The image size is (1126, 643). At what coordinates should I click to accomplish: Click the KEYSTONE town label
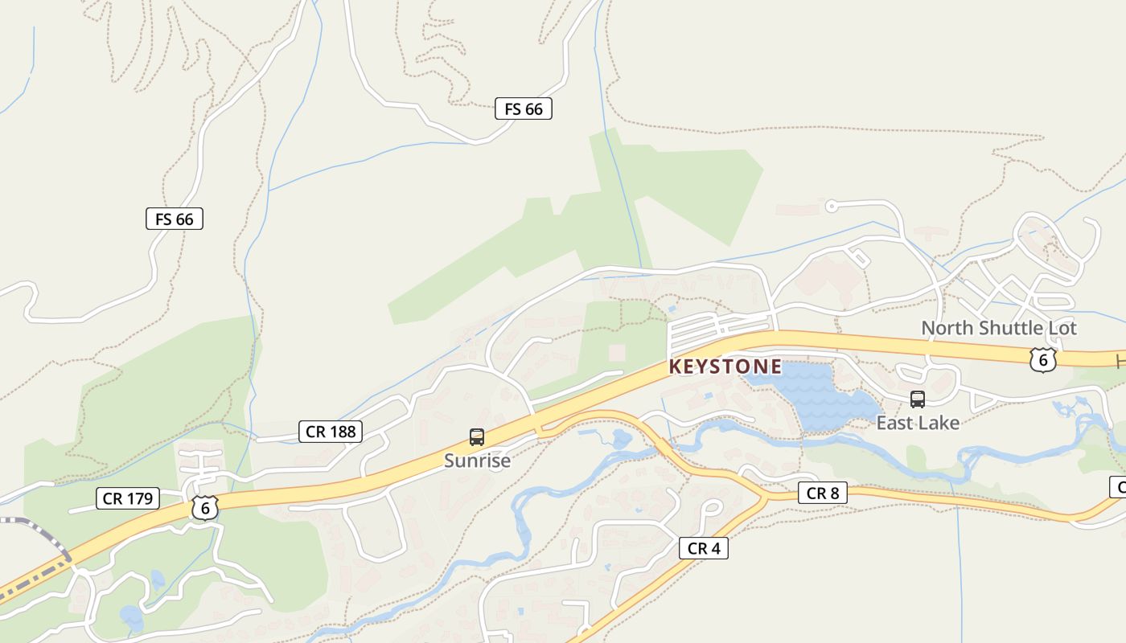(x=725, y=367)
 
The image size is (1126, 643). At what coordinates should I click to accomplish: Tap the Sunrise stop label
(x=477, y=461)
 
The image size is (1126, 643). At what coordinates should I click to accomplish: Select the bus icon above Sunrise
(x=477, y=437)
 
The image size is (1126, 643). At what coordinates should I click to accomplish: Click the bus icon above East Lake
(x=917, y=399)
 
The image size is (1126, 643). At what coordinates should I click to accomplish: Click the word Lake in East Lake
(x=939, y=423)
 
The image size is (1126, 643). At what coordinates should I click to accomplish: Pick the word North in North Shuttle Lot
(x=947, y=328)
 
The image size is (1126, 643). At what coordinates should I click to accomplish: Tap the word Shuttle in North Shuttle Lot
(x=1008, y=328)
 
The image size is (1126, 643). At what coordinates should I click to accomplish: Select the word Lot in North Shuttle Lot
(x=1061, y=328)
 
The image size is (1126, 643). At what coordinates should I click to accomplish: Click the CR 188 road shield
(x=331, y=432)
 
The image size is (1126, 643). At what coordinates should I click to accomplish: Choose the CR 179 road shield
(x=128, y=498)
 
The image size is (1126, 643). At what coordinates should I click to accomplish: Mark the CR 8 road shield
(x=823, y=494)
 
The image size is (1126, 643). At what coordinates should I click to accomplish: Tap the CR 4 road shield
(x=704, y=548)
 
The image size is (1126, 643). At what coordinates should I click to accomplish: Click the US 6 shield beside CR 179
(x=205, y=508)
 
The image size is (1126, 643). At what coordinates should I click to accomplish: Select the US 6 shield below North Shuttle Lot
(x=1042, y=360)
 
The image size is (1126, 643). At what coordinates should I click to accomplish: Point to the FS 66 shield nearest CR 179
(x=175, y=219)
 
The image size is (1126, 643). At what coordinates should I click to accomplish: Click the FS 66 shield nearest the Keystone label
(x=524, y=109)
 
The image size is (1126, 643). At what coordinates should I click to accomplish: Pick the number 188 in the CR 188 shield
(x=342, y=432)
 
